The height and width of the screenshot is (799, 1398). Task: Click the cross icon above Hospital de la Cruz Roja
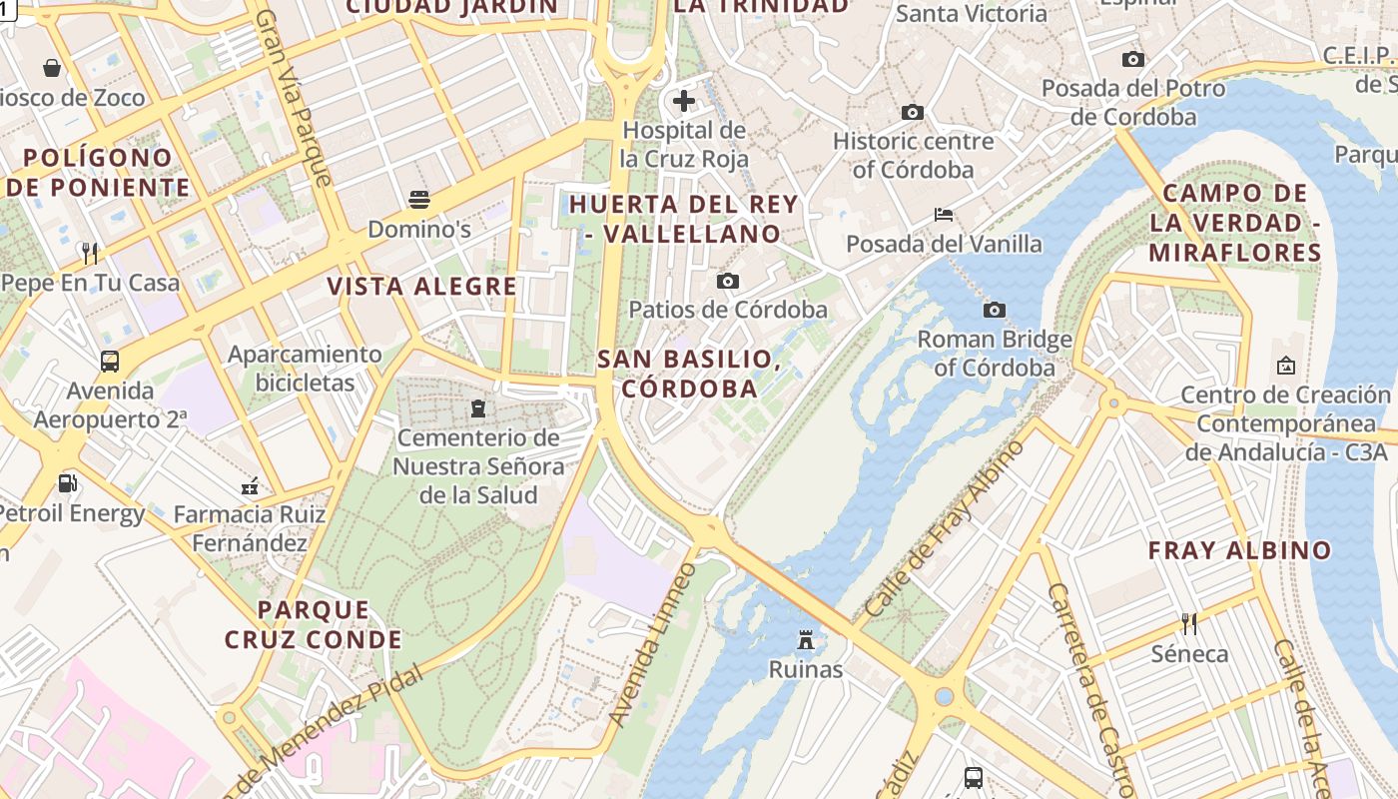684,100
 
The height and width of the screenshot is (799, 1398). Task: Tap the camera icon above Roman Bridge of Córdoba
995,310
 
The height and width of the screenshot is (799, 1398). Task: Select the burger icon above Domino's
419,199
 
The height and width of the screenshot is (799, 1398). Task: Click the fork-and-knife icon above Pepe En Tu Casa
90,253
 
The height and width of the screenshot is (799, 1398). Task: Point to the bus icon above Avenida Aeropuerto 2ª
110,362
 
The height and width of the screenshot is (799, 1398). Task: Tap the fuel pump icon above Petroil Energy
68,483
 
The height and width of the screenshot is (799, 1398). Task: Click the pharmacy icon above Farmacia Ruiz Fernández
250,486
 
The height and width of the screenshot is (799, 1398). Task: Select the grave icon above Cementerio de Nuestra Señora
477,407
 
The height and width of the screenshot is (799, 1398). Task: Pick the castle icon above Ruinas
806,639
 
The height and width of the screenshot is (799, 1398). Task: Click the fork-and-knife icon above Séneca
1189,624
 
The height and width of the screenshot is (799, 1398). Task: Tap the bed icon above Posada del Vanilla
944,214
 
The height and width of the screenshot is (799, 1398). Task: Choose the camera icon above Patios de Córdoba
728,281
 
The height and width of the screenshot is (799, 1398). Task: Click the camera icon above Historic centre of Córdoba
913,112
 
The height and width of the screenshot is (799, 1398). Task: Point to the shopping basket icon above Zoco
52,68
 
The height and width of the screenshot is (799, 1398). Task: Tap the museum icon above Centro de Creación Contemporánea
1285,366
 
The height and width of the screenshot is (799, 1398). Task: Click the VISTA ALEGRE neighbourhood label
422,287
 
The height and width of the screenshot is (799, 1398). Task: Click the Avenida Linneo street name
651,645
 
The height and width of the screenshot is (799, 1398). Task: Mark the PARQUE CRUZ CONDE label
313,624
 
